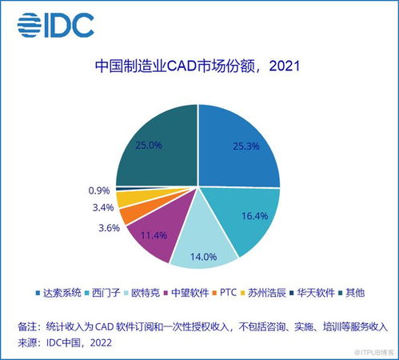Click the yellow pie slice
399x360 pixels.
[x=128, y=198]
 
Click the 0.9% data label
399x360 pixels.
[x=100, y=190]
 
